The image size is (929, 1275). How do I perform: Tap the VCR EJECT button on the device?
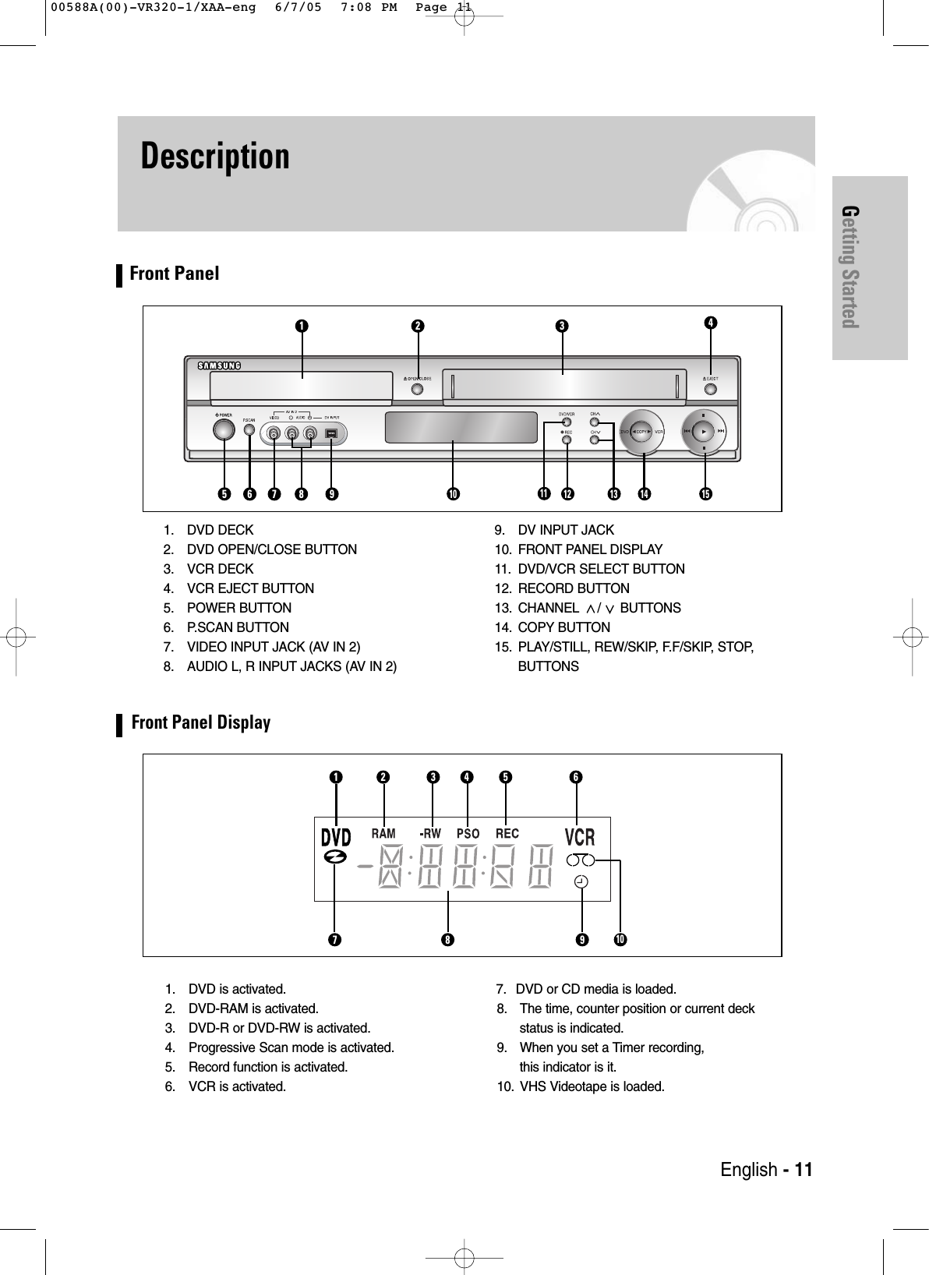tap(710, 389)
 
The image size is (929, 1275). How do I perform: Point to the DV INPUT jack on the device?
tap(331, 434)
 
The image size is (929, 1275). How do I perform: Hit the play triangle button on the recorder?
tap(704, 430)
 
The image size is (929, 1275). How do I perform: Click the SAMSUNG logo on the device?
tap(219, 365)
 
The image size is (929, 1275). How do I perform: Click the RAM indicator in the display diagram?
tap(383, 834)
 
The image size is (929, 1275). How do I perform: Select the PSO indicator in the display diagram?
tap(468, 834)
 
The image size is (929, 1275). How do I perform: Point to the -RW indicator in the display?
tap(430, 834)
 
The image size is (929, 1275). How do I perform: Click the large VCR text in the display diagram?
tap(579, 837)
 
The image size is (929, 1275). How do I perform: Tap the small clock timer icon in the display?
tap(581, 881)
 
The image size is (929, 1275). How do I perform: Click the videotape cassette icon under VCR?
tap(581, 860)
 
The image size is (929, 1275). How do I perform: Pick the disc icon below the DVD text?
tap(335, 856)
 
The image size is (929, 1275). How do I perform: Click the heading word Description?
tap(215, 156)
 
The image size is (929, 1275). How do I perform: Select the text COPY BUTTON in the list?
tap(564, 627)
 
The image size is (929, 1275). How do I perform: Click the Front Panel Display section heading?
tap(200, 722)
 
